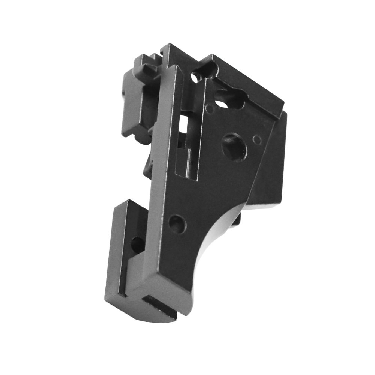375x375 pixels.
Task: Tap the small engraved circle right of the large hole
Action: (257, 140)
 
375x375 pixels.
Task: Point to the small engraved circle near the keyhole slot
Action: (210, 109)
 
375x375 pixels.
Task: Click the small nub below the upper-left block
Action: (148, 165)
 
